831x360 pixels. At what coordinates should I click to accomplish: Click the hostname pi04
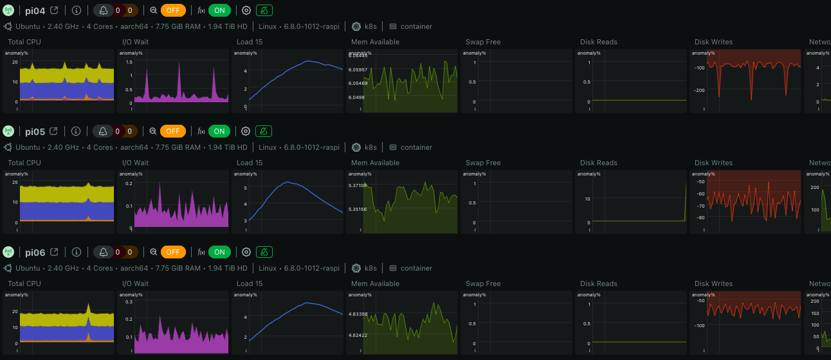[x=35, y=10]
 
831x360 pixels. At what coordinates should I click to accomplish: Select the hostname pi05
[x=35, y=131]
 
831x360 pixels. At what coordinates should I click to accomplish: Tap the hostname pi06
[x=35, y=252]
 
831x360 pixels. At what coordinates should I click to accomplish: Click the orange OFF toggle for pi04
[x=173, y=10]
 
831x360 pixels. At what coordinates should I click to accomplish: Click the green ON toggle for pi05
[x=219, y=131]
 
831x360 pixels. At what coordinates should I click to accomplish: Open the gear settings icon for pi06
[x=246, y=252]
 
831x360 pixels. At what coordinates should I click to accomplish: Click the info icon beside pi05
[x=76, y=131]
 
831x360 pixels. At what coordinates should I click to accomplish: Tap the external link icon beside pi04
[x=54, y=10]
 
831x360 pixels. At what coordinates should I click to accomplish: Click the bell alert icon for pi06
[x=103, y=252]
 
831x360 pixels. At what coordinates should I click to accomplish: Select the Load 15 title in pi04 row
[x=250, y=42]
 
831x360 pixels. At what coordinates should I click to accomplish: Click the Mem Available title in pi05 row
[x=375, y=163]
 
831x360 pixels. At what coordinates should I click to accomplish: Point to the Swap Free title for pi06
[x=483, y=283]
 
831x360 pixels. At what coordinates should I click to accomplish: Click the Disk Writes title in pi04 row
[x=713, y=42]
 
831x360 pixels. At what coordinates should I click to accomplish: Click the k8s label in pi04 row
[x=370, y=26]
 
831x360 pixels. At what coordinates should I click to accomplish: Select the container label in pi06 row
[x=416, y=268]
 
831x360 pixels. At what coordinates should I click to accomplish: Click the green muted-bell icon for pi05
[x=264, y=131]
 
